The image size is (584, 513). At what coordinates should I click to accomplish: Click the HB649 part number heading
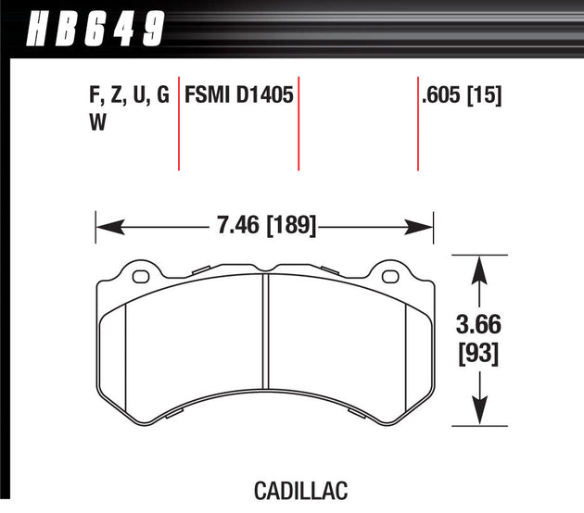[95, 29]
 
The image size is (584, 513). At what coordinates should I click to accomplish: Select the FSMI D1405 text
[239, 94]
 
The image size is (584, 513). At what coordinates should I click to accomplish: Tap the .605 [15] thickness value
[462, 94]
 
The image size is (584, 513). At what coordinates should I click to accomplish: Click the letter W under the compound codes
[98, 121]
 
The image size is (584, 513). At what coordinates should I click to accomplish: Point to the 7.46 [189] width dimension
[267, 225]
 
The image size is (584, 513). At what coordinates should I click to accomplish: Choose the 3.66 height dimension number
[478, 324]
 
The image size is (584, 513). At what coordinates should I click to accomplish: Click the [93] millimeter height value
[478, 354]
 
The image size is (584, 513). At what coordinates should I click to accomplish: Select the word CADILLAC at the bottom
[301, 491]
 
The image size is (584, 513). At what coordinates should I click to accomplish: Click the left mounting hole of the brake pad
[141, 276]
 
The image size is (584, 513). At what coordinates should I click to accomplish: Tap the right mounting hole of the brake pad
[390, 276]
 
